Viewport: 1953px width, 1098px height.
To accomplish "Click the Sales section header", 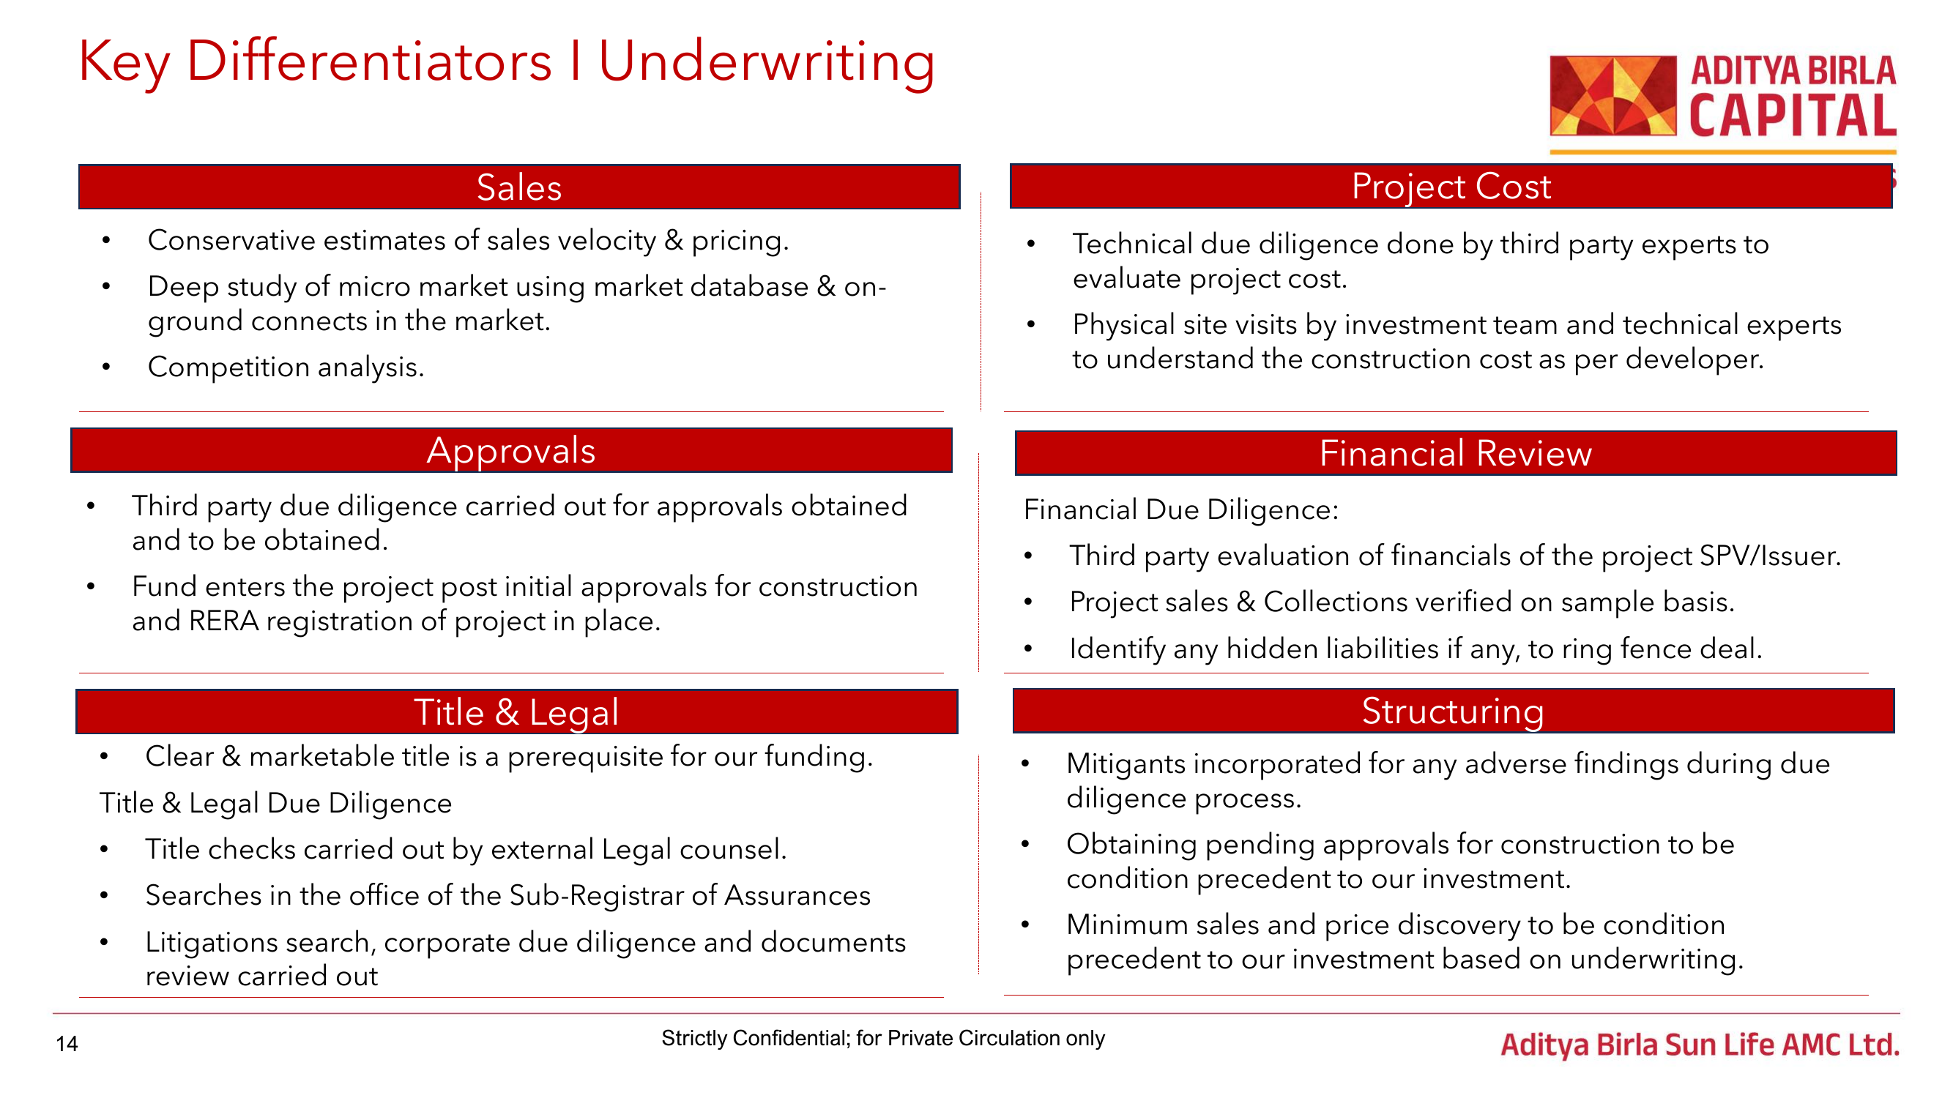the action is coord(518,187).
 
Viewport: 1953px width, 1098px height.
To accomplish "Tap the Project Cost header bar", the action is coord(1451,186).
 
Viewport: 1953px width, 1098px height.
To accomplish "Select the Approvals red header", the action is coord(511,450).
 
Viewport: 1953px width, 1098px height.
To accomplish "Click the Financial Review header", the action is coord(1455,453).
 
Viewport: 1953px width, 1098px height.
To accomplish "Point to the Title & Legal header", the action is coord(516,712).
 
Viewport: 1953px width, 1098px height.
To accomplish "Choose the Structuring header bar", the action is coord(1453,711).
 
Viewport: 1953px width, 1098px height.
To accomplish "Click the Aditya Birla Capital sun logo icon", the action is coord(1612,95).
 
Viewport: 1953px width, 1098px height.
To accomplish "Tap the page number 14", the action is coord(67,1045).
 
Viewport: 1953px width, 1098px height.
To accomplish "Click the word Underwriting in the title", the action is coord(767,62).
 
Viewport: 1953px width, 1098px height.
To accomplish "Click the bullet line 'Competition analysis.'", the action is coord(286,367).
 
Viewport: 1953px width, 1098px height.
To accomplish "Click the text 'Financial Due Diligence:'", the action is coord(1180,509).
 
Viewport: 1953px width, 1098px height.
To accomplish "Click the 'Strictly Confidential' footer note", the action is coord(882,1038).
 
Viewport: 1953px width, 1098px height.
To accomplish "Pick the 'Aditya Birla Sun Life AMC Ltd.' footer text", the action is coord(1700,1045).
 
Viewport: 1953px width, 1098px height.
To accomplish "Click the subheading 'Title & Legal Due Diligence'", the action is coord(275,803).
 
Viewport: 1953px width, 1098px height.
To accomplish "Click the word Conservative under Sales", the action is coord(231,240).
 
